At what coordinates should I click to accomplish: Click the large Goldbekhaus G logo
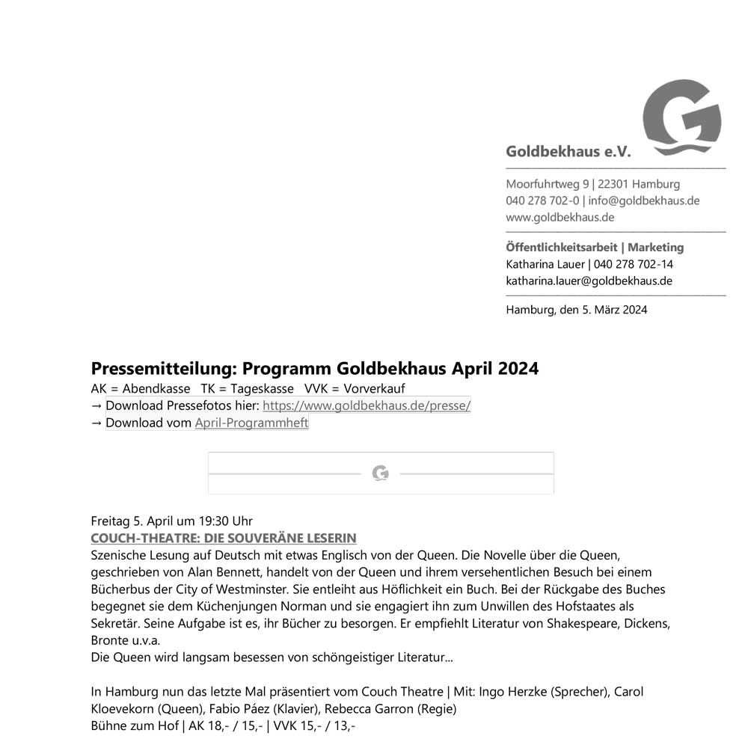point(682,116)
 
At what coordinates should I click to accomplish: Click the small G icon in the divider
point(381,473)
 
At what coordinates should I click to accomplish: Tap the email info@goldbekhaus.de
point(644,200)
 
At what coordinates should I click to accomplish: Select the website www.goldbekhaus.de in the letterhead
point(560,217)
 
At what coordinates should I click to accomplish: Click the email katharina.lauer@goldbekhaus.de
point(589,281)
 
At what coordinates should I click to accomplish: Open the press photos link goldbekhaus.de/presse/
point(367,405)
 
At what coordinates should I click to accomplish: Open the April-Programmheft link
point(251,423)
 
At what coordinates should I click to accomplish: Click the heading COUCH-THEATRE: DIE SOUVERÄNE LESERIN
point(223,538)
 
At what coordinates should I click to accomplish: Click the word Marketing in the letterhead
point(655,247)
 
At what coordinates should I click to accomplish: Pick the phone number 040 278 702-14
point(634,264)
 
